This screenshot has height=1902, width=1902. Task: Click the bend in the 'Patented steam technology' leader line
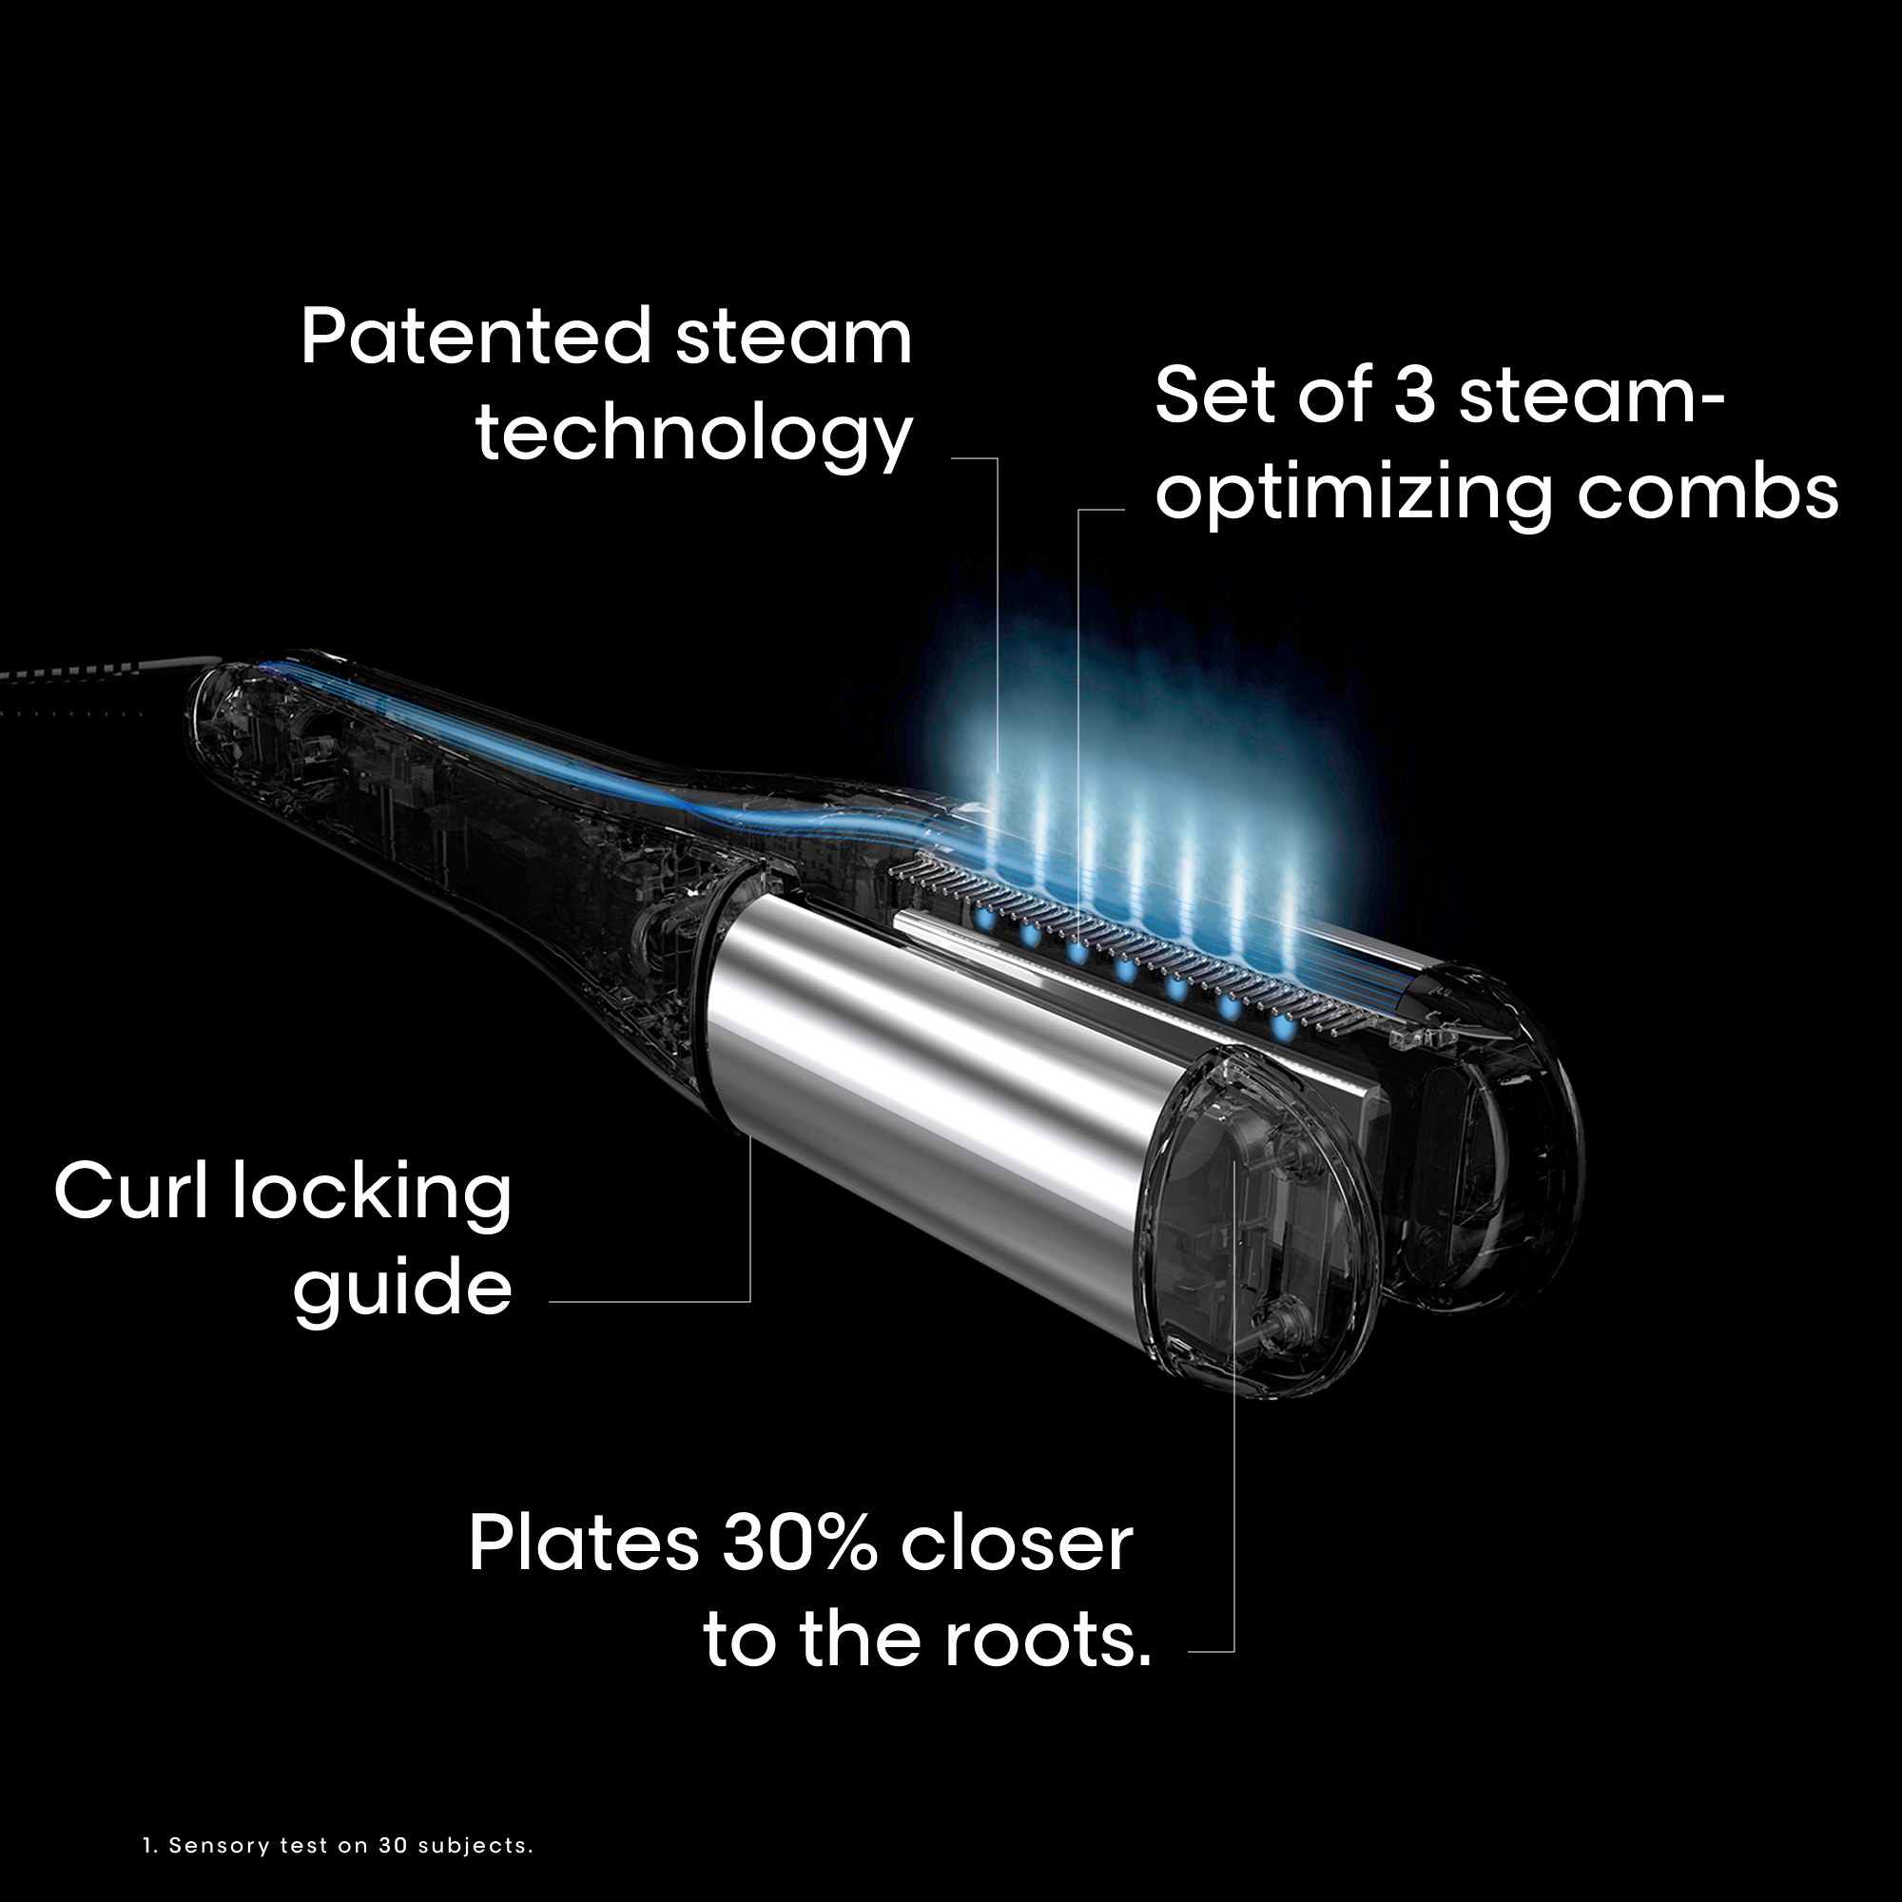(x=998, y=457)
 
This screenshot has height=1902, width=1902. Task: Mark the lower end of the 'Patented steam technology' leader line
(x=998, y=772)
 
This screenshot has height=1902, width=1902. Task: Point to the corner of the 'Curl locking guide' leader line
(x=750, y=1302)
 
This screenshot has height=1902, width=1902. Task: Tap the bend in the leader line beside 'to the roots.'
(x=1233, y=1651)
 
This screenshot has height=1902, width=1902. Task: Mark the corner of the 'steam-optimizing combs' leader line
(x=1079, y=510)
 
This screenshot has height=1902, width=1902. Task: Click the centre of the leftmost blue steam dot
(x=982, y=919)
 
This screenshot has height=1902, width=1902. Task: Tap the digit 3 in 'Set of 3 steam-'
(x=1415, y=395)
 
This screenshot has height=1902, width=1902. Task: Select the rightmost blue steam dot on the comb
(x=1283, y=1028)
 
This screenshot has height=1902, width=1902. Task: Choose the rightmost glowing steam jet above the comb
(x=1288, y=921)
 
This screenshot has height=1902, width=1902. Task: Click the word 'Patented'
(x=475, y=337)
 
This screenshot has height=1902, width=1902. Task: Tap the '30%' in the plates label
(x=800, y=1543)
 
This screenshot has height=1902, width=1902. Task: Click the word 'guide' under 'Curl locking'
(x=402, y=1288)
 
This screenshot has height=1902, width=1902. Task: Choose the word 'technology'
(x=694, y=435)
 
